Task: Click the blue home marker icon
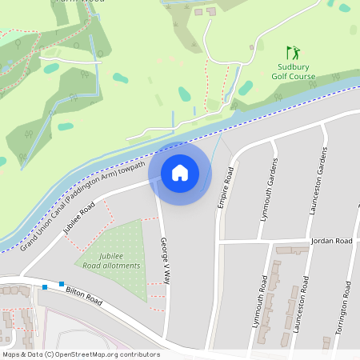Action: (180, 173)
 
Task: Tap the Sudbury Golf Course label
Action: (293, 71)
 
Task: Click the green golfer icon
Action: (293, 52)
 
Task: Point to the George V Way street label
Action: (166, 261)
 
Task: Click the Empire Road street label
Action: (225, 188)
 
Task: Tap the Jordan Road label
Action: (332, 241)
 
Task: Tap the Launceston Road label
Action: (302, 307)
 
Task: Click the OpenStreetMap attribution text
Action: (81, 354)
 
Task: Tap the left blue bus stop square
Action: (46, 286)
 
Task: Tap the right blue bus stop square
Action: (61, 284)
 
